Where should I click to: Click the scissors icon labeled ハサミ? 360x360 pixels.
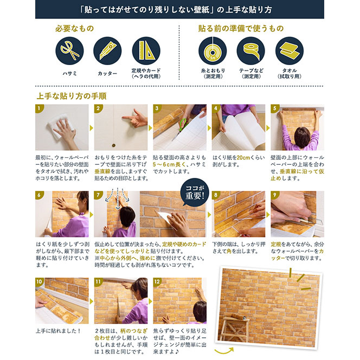coord(69,51)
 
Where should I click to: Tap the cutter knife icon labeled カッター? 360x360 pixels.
coord(107,51)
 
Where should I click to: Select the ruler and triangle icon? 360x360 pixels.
coord(146,51)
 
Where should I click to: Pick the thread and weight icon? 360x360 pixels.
coord(213,51)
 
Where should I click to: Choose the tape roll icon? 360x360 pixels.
coord(250,51)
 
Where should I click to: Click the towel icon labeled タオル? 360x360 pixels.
coord(290,51)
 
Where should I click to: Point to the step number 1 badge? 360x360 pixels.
coord(39,108)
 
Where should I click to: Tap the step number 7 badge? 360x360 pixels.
coord(98,195)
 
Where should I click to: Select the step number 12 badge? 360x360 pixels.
coord(157,281)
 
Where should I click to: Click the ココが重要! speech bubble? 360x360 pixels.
coord(195,192)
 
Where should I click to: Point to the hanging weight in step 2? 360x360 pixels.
coord(113,145)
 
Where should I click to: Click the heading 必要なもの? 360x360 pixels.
coord(75,29)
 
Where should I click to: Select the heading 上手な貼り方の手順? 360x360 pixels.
coord(72,96)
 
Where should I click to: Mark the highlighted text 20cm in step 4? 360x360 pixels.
coord(243,158)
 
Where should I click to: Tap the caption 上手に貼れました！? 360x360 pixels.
coord(59,331)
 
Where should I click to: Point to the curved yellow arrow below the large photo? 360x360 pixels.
coord(224,351)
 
